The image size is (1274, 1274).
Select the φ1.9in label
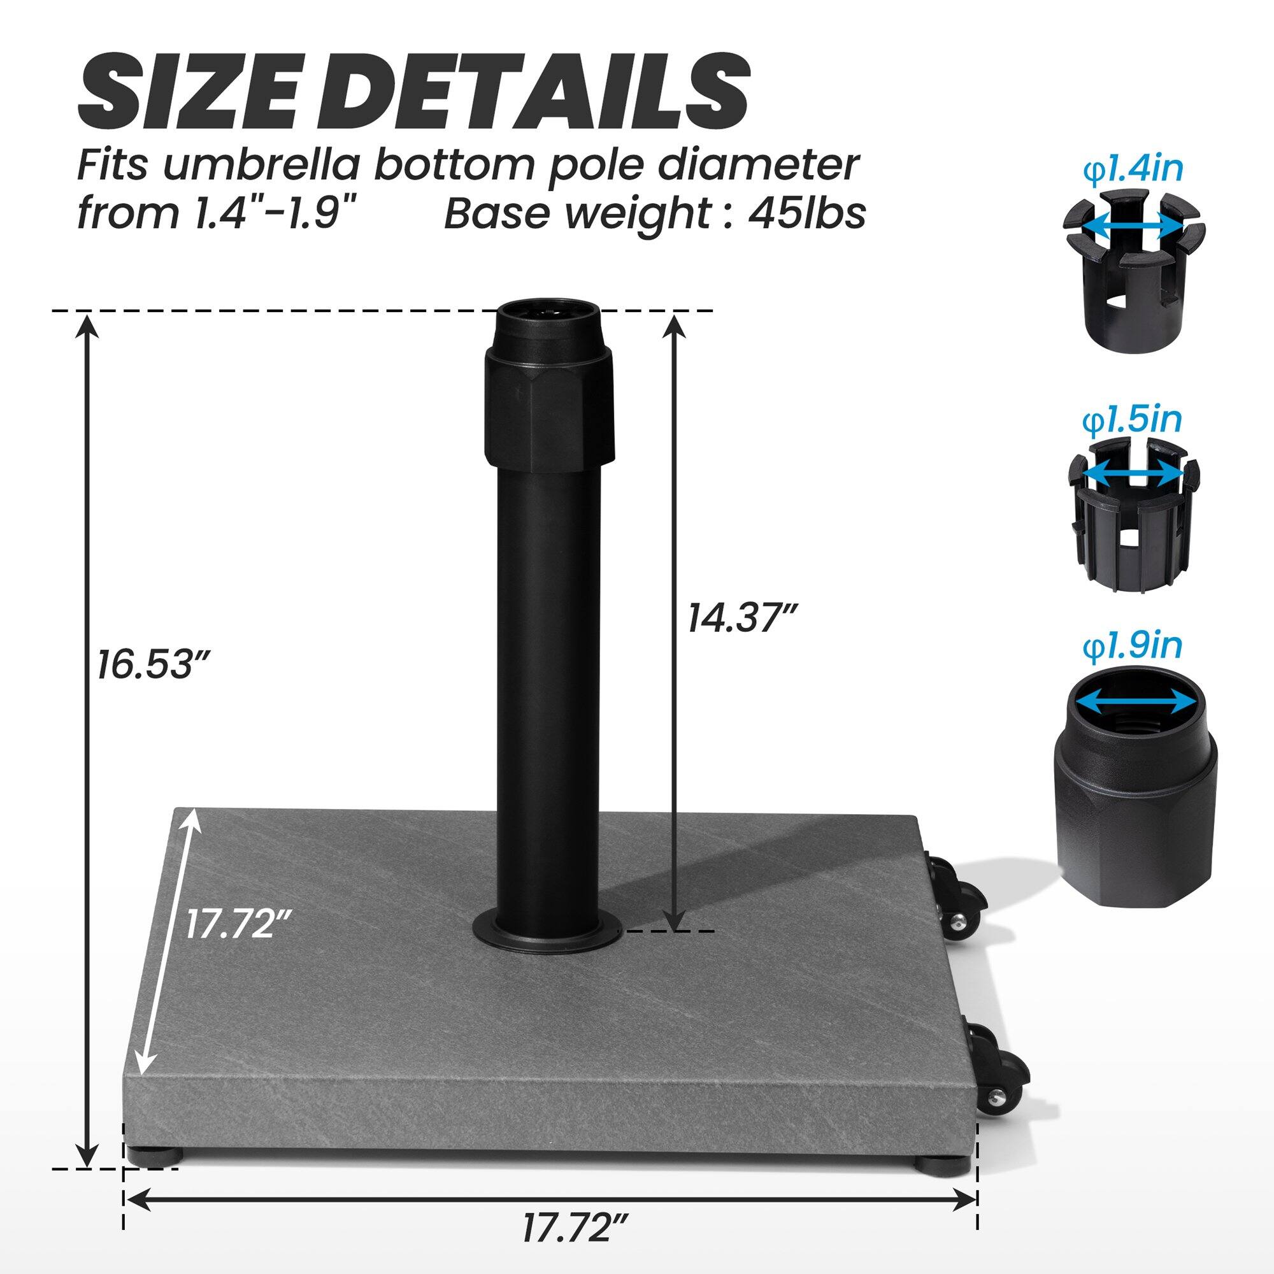point(1132,648)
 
